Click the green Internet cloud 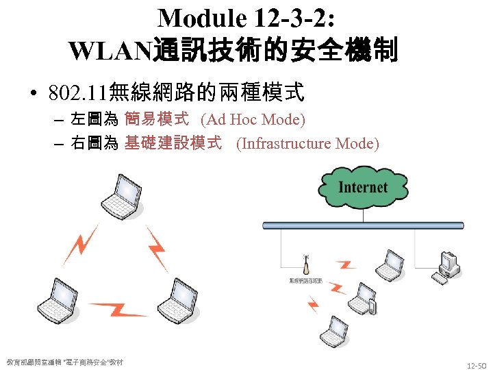363,186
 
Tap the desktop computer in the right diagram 448,268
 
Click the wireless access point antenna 306,265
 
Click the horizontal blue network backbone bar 373,225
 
